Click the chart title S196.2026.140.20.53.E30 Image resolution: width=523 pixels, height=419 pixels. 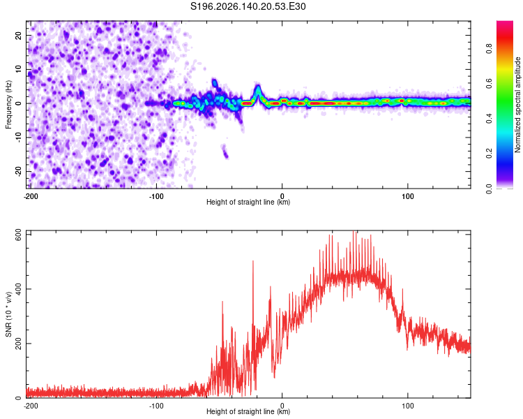(x=248, y=6)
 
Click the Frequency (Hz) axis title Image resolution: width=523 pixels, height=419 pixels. (x=8, y=105)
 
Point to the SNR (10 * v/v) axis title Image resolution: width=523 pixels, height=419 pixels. (x=8, y=314)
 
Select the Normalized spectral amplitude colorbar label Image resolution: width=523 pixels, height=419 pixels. (x=517, y=105)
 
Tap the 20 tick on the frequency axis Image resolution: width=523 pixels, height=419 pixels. (x=19, y=35)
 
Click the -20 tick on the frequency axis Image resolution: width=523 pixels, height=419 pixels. (x=19, y=171)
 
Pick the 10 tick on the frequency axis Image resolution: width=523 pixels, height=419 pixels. (x=19, y=69)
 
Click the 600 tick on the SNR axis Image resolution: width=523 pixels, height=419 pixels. (x=19, y=235)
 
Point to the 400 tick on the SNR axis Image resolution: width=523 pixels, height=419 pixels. (x=19, y=288)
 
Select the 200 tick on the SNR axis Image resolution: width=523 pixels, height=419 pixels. (x=19, y=344)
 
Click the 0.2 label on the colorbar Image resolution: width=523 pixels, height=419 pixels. (x=489, y=154)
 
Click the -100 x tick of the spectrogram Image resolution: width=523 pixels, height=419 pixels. (x=156, y=196)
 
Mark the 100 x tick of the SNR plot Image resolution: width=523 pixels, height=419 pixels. (x=408, y=406)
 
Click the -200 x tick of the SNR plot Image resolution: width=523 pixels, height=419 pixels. (x=31, y=406)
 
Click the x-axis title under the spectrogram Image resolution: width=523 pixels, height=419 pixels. (x=248, y=202)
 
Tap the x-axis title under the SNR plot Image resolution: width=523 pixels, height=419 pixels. (x=248, y=411)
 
